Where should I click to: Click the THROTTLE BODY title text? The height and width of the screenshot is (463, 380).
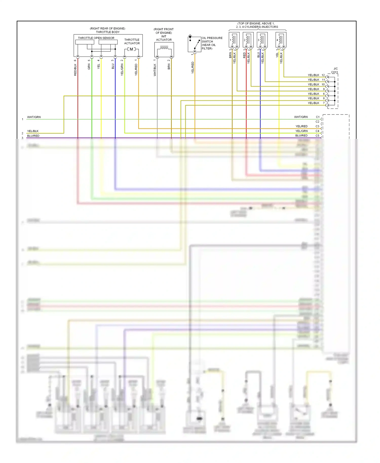[108, 32]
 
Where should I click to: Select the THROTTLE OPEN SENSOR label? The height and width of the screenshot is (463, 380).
[96, 38]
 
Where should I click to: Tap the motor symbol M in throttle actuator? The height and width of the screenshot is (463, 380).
[131, 49]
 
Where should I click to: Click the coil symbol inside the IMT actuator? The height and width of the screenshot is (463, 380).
[164, 48]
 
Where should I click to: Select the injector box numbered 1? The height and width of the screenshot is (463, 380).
[234, 40]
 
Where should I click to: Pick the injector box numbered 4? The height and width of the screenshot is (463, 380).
[281, 40]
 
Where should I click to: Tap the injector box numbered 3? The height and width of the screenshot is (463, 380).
[262, 40]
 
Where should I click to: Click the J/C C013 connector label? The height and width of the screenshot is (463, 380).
[335, 70]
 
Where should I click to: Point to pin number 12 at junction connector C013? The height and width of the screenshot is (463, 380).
[323, 75]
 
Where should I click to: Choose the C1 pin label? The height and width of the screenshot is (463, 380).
[317, 117]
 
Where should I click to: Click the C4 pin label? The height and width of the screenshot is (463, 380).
[317, 131]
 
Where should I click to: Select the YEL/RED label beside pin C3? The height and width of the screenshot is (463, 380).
[301, 126]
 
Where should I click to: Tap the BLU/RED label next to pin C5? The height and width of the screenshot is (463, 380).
[301, 136]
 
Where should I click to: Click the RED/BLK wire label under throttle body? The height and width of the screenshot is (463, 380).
[75, 70]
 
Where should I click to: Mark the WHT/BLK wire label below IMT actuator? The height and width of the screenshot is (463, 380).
[155, 70]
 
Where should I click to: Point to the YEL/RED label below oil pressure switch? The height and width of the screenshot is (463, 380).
[193, 68]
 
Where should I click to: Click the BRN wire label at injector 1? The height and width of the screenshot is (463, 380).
[230, 55]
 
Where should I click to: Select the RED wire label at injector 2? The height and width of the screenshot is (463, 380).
[244, 55]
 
